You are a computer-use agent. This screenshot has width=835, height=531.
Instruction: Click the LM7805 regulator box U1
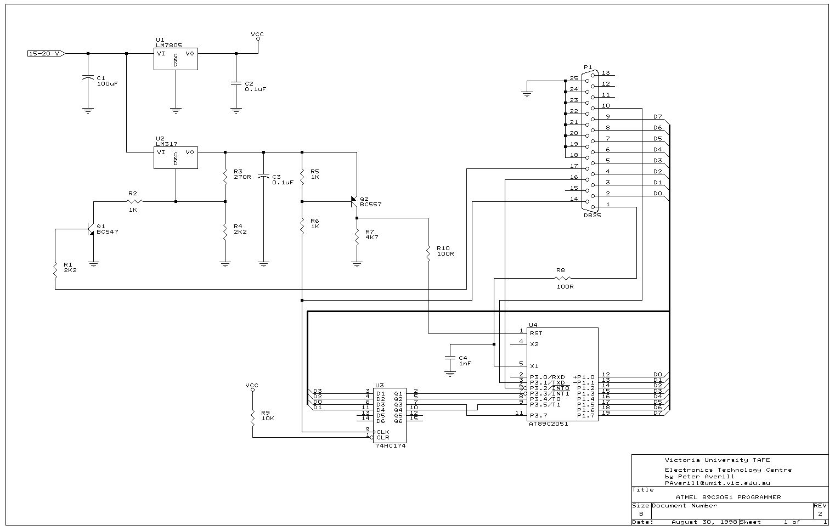pos(176,59)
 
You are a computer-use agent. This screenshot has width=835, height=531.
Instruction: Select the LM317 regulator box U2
pos(176,157)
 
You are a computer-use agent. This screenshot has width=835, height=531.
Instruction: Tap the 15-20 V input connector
pos(47,54)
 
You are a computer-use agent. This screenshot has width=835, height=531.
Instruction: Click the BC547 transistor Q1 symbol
pos(91,229)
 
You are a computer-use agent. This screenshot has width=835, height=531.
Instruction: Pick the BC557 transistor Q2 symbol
pos(354,202)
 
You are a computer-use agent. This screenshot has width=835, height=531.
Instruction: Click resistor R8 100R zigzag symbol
pos(563,278)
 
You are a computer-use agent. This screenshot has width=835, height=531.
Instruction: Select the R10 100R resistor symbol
pos(428,253)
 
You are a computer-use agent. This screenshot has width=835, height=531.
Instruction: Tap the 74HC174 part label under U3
pos(390,445)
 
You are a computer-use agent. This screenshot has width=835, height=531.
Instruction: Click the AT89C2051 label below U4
pos(548,423)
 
